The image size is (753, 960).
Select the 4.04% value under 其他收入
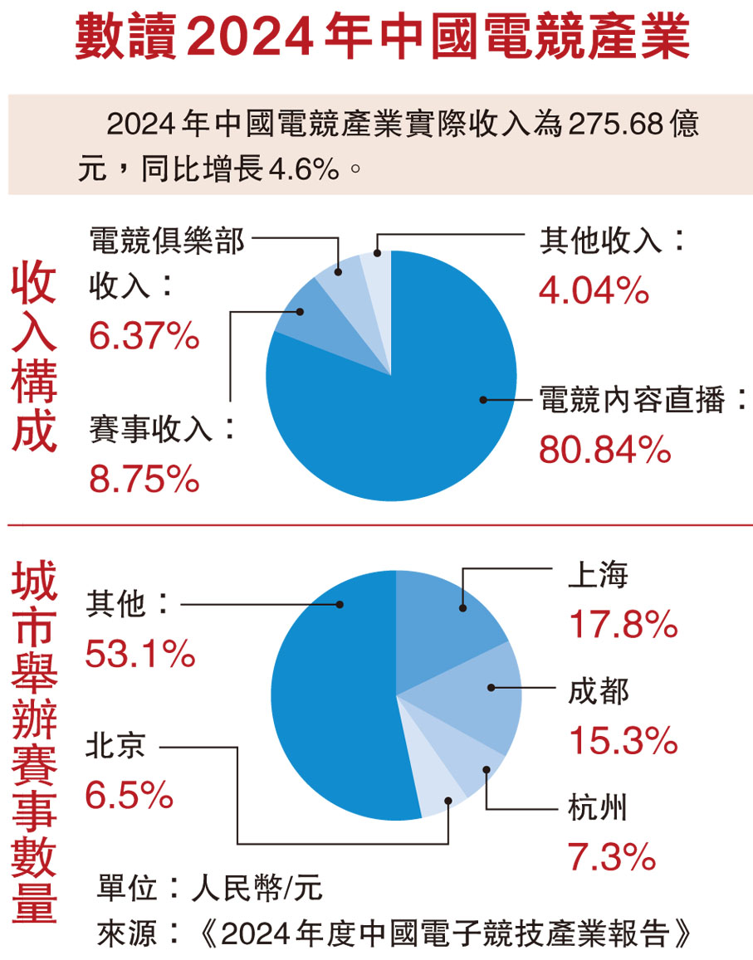click(x=594, y=290)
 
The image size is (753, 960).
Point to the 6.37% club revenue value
click(x=143, y=336)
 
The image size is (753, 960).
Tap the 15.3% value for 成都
click(x=623, y=741)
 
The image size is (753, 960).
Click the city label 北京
click(x=115, y=746)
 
